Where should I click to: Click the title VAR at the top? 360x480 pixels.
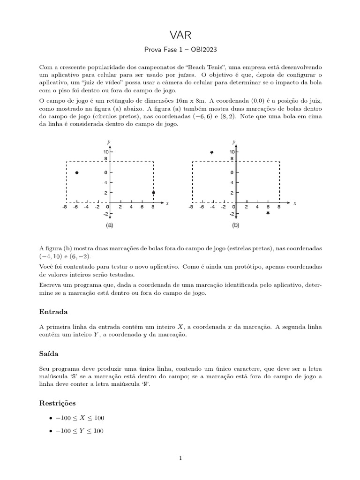pos(180,35)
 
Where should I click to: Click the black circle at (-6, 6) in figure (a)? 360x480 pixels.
pos(77,173)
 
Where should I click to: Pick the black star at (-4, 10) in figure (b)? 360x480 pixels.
pos(212,152)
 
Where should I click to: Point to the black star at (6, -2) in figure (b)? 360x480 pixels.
pos(268,213)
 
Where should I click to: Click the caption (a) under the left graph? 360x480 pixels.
pos(109,225)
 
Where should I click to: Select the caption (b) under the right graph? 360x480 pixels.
pos(235,225)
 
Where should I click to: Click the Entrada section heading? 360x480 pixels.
pos(53,311)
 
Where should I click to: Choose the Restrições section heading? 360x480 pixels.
pos(58,403)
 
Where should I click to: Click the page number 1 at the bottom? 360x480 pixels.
pos(180,458)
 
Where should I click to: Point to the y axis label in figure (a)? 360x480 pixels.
pos(109,141)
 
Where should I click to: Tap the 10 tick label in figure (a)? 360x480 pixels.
pos(106,152)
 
